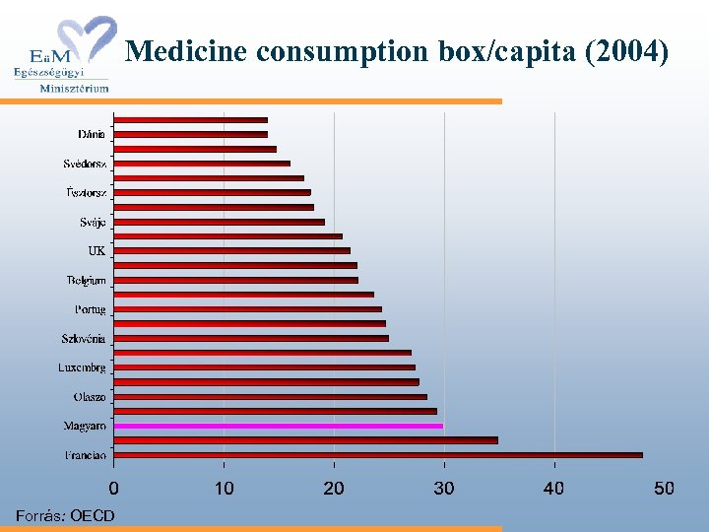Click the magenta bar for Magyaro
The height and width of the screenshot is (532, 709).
[x=278, y=426]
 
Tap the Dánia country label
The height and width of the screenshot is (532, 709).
[x=92, y=134]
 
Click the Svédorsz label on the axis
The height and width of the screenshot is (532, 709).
[x=86, y=164]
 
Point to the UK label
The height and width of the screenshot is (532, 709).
[x=97, y=251]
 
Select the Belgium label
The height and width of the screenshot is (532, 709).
[x=87, y=281]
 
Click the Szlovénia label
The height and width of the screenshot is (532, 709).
[x=84, y=339]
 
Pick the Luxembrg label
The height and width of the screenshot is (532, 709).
[x=82, y=367]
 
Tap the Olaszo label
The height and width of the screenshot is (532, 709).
[x=90, y=397]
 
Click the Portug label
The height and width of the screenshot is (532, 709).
[x=90, y=309]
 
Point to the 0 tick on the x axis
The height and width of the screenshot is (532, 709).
[x=114, y=489]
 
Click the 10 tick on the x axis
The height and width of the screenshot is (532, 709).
[x=225, y=489]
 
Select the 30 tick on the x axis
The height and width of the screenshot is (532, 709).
[x=444, y=489]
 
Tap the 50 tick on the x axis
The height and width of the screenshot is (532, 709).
[x=665, y=489]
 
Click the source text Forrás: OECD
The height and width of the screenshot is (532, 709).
[x=65, y=516]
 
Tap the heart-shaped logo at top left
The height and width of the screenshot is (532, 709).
[x=89, y=39]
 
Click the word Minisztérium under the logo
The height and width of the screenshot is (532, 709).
[x=74, y=88]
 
